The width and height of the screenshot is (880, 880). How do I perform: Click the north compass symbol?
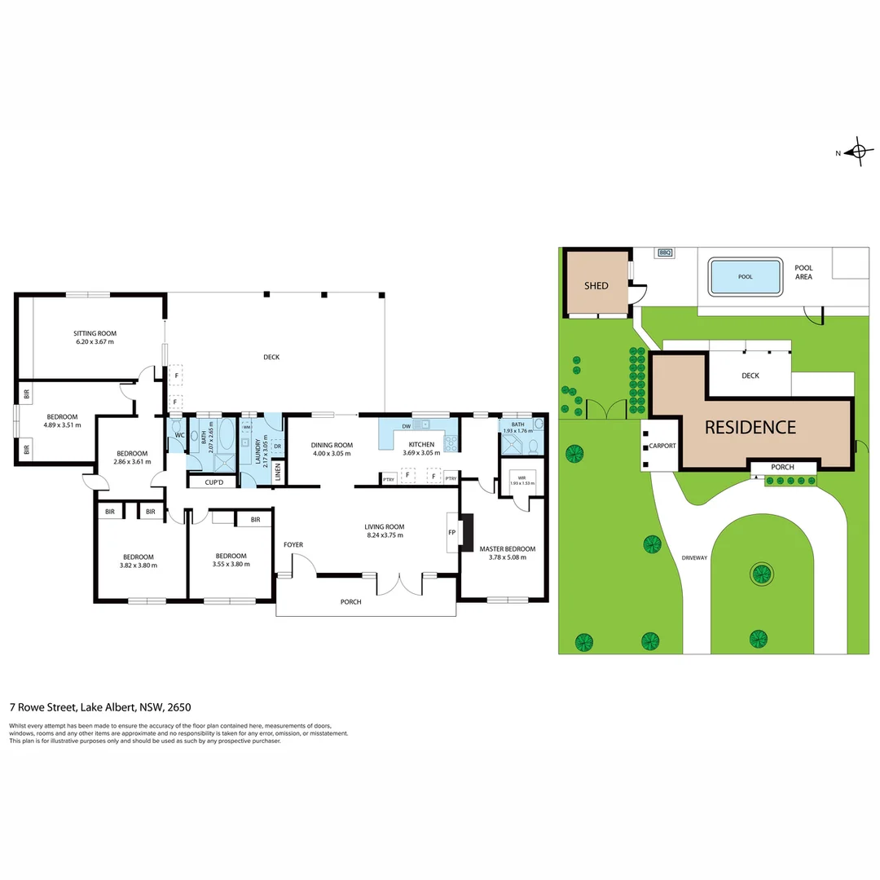pos(857,152)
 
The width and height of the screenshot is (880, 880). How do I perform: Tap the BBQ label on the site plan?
pos(664,253)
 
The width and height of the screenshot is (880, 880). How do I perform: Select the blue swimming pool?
pos(745,276)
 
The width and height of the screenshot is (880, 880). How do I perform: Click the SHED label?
pos(596,286)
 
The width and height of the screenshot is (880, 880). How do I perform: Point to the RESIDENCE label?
pos(750,427)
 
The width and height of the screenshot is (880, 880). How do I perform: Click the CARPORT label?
pos(662,447)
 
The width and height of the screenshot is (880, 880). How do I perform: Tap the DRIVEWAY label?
pos(695,557)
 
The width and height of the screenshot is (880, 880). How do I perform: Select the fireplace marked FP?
pos(451,533)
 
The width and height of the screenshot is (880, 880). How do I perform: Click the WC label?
pos(178,436)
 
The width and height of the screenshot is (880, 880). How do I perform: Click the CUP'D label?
pos(213,482)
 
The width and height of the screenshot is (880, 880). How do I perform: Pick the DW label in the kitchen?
pos(405,425)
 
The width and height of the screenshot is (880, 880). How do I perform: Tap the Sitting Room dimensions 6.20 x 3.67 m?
pos(94,341)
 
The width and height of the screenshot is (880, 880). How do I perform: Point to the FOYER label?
pos(293,543)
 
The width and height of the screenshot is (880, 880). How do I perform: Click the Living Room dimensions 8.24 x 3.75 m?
pos(384,535)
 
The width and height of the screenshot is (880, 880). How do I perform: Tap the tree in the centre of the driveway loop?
pos(762,574)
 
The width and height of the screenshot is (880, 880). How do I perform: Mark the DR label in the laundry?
pos(277,446)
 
